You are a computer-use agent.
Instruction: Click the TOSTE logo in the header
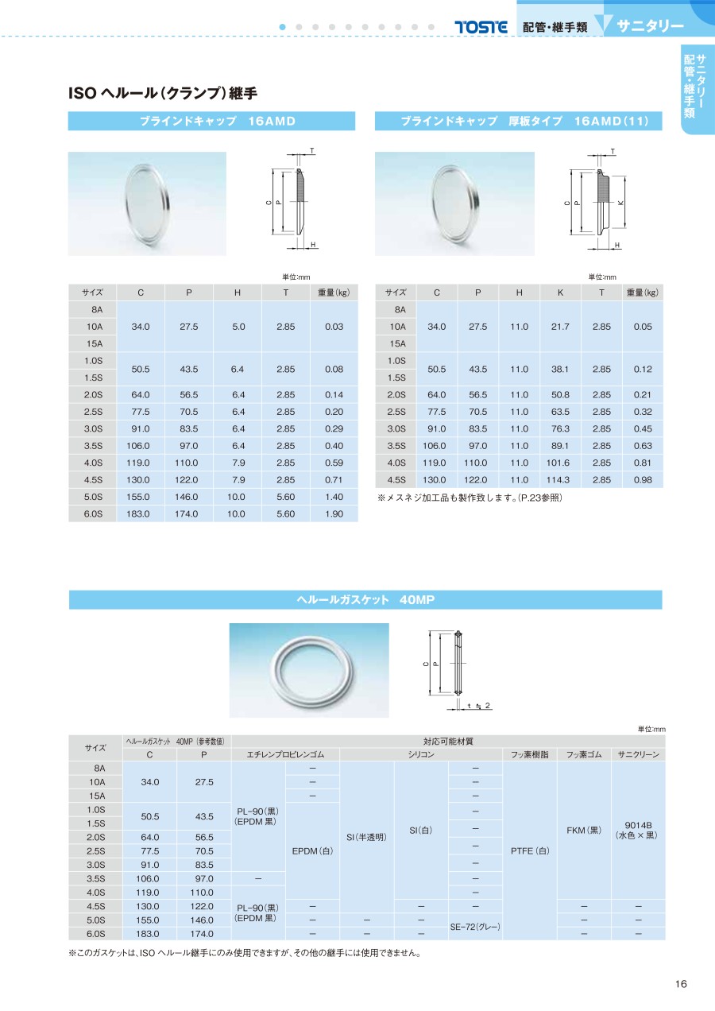[481, 26]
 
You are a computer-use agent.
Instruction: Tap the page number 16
[680, 984]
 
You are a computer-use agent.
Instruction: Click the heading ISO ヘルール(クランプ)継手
[163, 93]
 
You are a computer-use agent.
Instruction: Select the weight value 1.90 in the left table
[334, 513]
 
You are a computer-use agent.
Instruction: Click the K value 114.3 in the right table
[560, 480]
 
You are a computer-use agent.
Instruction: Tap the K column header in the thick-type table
[560, 292]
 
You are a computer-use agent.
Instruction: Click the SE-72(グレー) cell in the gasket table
[475, 927]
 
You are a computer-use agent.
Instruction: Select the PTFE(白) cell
[531, 850]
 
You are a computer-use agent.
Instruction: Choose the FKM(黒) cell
[584, 830]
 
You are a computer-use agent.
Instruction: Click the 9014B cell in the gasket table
[638, 830]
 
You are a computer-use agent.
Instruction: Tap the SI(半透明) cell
[366, 837]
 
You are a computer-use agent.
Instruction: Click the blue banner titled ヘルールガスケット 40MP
[365, 599]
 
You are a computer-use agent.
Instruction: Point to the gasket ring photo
[309, 669]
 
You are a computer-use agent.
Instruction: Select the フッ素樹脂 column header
[530, 754]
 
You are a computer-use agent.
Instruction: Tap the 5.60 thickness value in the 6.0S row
[285, 513]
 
